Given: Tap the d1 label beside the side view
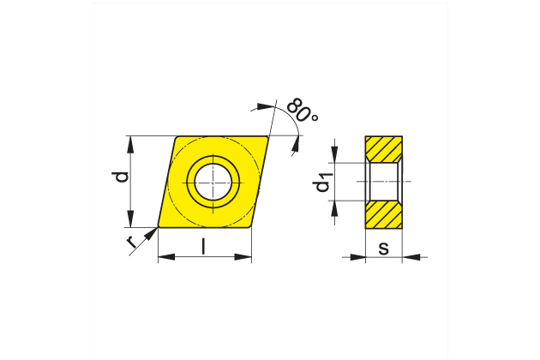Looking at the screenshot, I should pos(324,181).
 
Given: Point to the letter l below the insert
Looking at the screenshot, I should pos(203,247).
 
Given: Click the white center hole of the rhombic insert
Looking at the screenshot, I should pos(212,182).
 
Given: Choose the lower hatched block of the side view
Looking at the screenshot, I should pos(384,214).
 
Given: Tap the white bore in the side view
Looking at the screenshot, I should pos(384,182).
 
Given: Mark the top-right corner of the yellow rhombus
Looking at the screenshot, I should pos(267,136).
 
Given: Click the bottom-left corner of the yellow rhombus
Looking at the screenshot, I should pos(159,227).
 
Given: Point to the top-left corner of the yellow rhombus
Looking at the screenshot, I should pos(177,136).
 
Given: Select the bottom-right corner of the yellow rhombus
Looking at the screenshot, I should pos(251,227).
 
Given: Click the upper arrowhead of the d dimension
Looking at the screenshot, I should pos(131,141).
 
